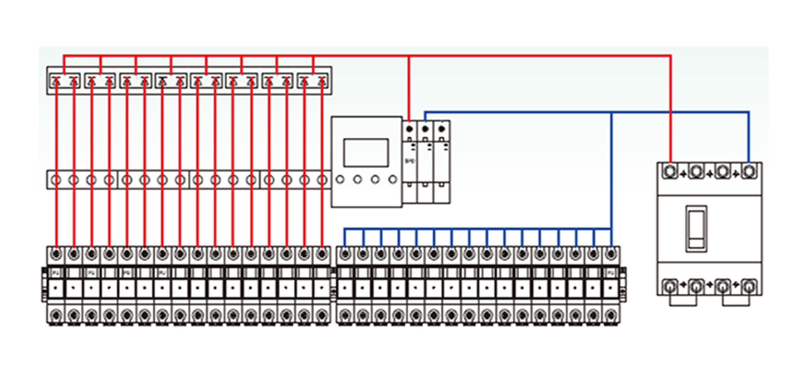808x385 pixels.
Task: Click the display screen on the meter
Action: coord(366,153)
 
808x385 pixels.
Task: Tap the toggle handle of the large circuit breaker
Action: coord(696,228)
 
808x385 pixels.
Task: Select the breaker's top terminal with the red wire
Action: coord(670,171)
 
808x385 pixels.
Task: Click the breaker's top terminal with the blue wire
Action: coord(748,171)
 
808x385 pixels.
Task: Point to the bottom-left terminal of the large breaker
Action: coord(670,286)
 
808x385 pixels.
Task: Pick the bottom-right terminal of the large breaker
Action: coord(748,286)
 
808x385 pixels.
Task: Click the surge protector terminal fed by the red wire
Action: coord(409,129)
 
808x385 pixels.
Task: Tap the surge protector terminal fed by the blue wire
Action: coord(425,129)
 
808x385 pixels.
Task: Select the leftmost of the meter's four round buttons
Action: coord(340,179)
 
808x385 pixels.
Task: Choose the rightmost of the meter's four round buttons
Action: coord(393,179)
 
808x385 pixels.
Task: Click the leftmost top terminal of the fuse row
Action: coord(56,254)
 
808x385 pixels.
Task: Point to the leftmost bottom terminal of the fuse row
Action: coord(56,316)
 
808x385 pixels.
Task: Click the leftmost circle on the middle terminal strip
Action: coord(56,180)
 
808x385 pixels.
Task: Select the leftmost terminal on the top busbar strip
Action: coord(56,82)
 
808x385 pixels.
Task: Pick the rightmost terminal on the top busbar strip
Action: coord(322,82)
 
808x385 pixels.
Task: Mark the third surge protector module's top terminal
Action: coord(441,129)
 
